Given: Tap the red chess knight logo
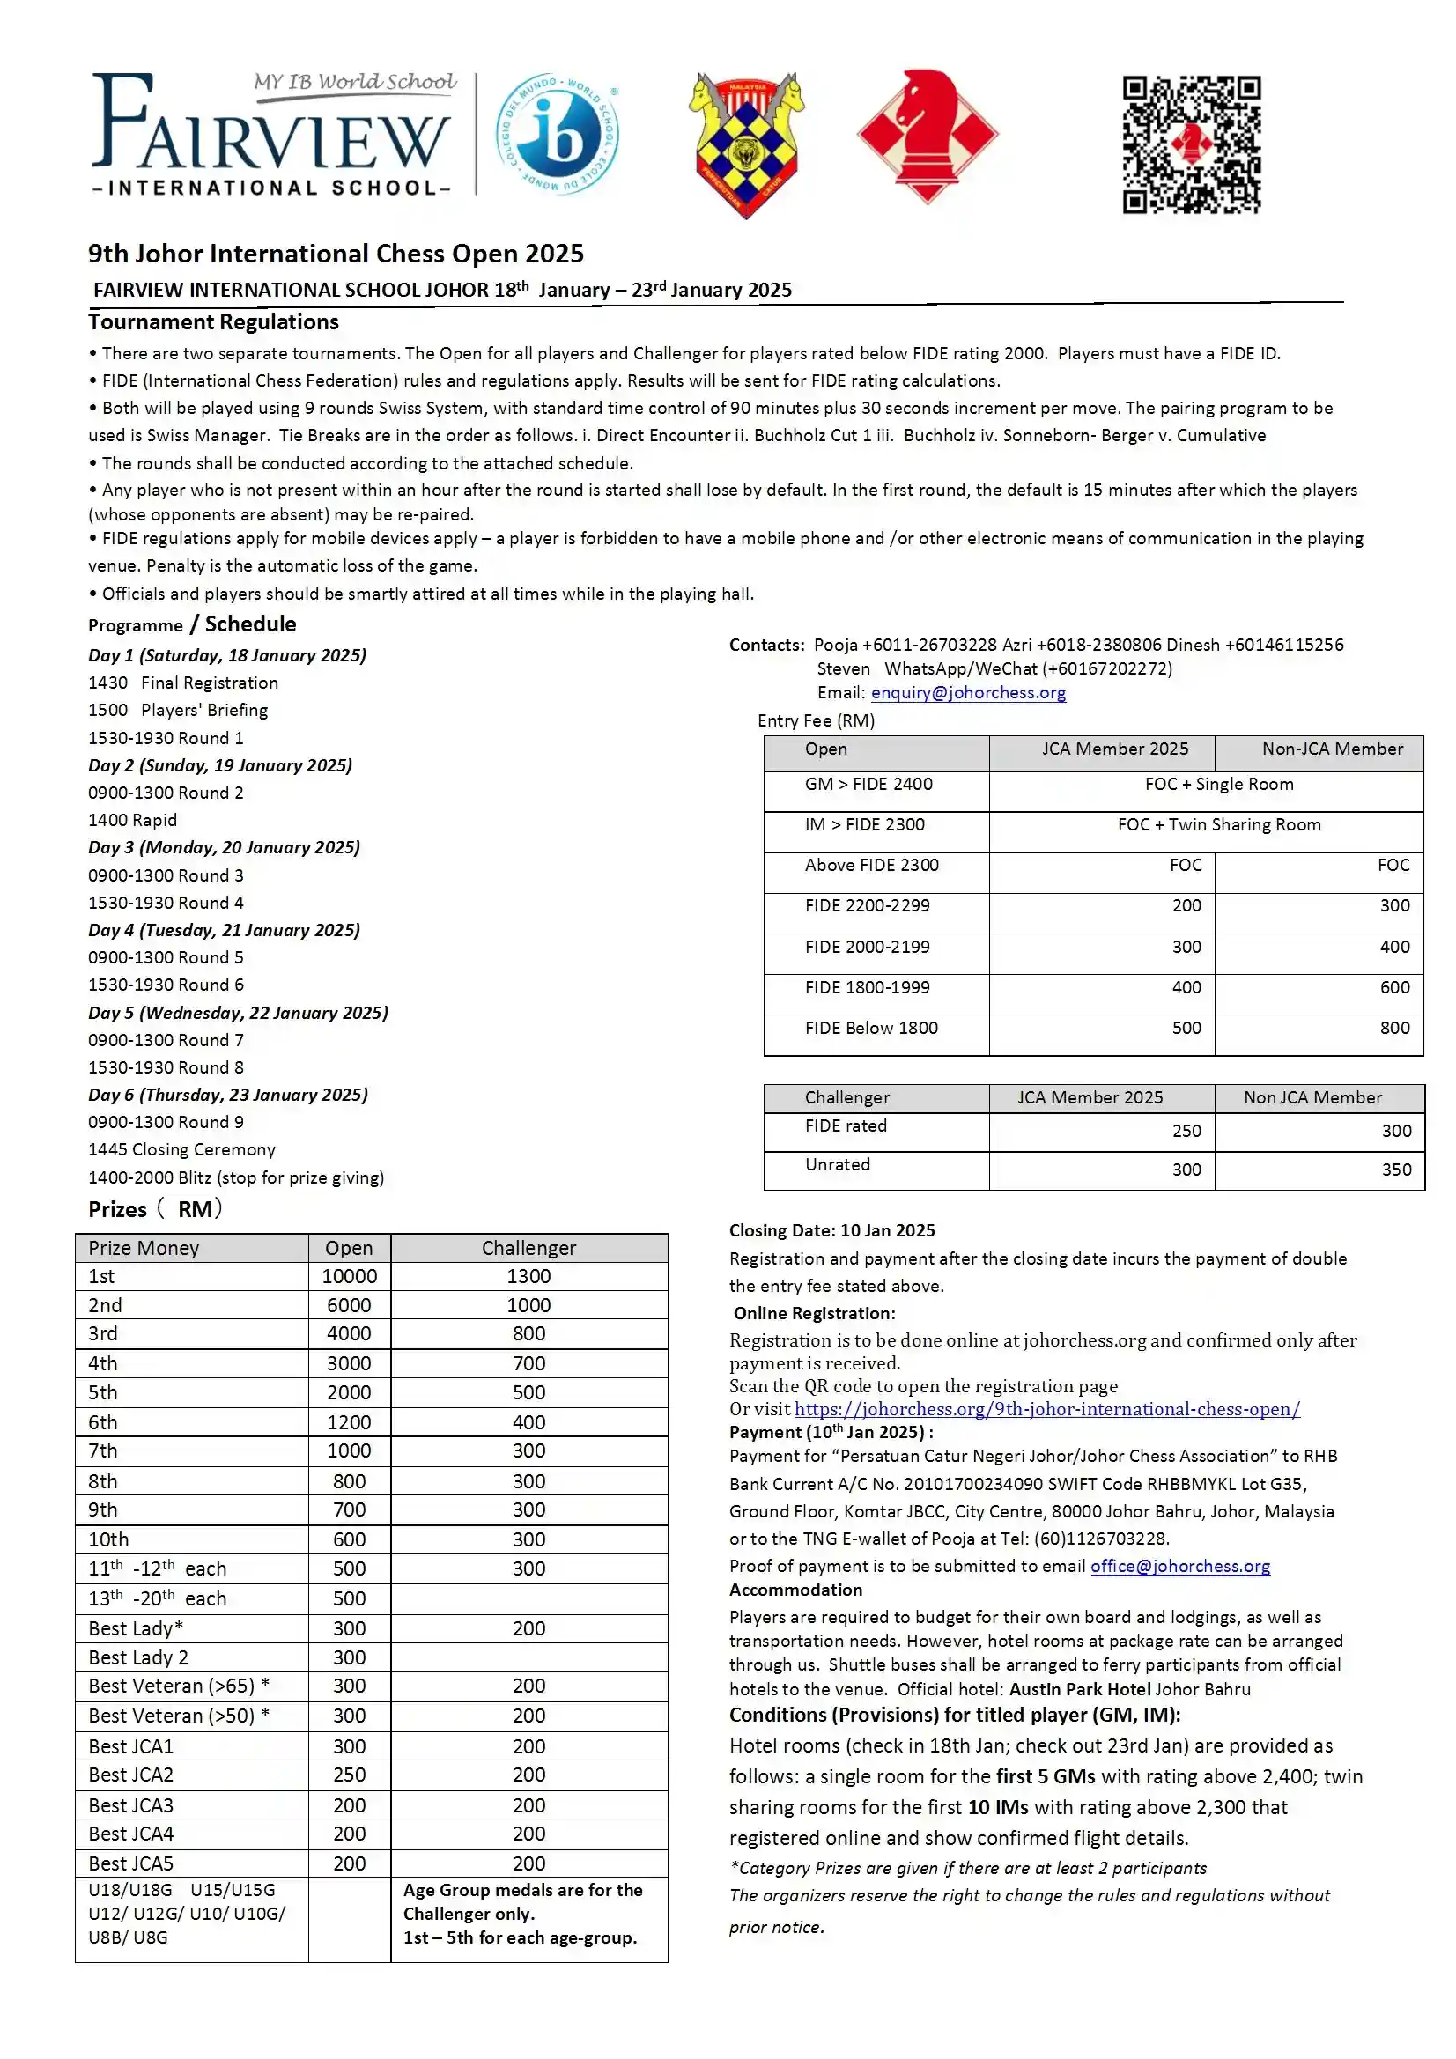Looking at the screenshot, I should (x=927, y=137).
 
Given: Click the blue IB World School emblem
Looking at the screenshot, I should (x=558, y=135).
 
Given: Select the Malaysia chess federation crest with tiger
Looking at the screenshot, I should (x=746, y=144).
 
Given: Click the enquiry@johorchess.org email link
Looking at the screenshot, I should (x=968, y=692).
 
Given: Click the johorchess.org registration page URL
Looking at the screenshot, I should (x=1047, y=1409).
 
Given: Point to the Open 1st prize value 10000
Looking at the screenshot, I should (x=349, y=1276).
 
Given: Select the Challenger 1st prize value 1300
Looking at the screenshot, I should (x=528, y=1276).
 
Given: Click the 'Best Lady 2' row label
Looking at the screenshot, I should (x=138, y=1657).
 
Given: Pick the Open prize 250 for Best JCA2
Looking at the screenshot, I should (x=349, y=1775).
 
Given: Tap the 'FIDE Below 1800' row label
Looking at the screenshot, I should (x=871, y=1028).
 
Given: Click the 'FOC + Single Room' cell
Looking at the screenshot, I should (x=1218, y=784).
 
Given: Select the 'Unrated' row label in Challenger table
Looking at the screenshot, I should (x=837, y=1164).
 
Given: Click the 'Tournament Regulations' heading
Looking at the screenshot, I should (x=213, y=322).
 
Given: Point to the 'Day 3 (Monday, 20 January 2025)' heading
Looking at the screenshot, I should (x=225, y=847).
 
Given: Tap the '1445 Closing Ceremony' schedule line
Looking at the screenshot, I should (x=182, y=1149).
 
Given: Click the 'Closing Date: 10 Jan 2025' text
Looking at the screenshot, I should (x=831, y=1230).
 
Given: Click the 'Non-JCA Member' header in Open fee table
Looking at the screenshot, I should (x=1331, y=749).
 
